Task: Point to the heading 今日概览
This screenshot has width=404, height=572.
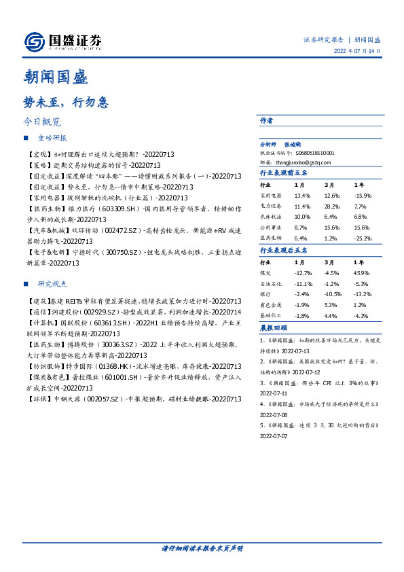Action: click(42, 123)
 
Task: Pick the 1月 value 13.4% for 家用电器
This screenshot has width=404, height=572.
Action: click(301, 195)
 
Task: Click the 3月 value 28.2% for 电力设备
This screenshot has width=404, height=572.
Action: click(332, 206)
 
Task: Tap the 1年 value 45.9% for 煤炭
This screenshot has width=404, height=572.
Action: click(361, 272)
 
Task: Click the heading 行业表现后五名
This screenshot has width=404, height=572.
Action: click(284, 250)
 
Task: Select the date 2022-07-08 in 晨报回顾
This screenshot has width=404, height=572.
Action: click(275, 413)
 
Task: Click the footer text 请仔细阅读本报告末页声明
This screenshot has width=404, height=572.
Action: click(202, 548)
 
